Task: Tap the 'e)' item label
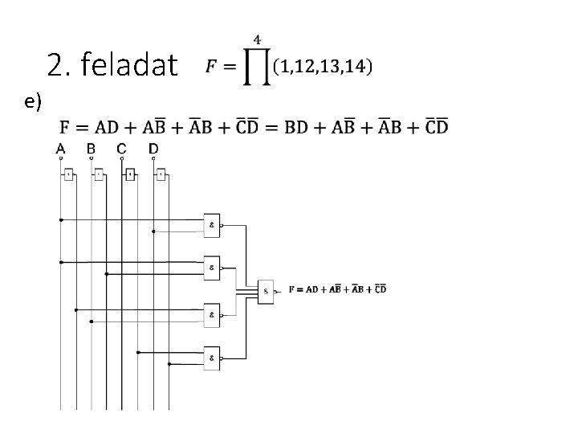pyautogui.click(x=33, y=100)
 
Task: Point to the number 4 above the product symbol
pyautogui.click(x=257, y=38)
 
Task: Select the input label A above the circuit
pyautogui.click(x=60, y=149)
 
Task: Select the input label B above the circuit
pyautogui.click(x=91, y=149)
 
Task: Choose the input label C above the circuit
pyautogui.click(x=121, y=149)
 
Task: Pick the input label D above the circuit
pyautogui.click(x=153, y=149)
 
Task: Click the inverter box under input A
pyautogui.click(x=69, y=174)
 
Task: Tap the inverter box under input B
pyautogui.click(x=100, y=174)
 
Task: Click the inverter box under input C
pyautogui.click(x=130, y=174)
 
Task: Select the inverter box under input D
pyautogui.click(x=161, y=174)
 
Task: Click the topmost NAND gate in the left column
pyautogui.click(x=212, y=225)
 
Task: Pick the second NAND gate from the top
pyautogui.click(x=212, y=267)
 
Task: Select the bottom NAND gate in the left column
pyautogui.click(x=212, y=358)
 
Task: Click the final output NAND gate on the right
pyautogui.click(x=267, y=291)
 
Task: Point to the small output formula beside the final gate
pyautogui.click(x=337, y=289)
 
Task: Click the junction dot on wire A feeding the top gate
pyautogui.click(x=60, y=219)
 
